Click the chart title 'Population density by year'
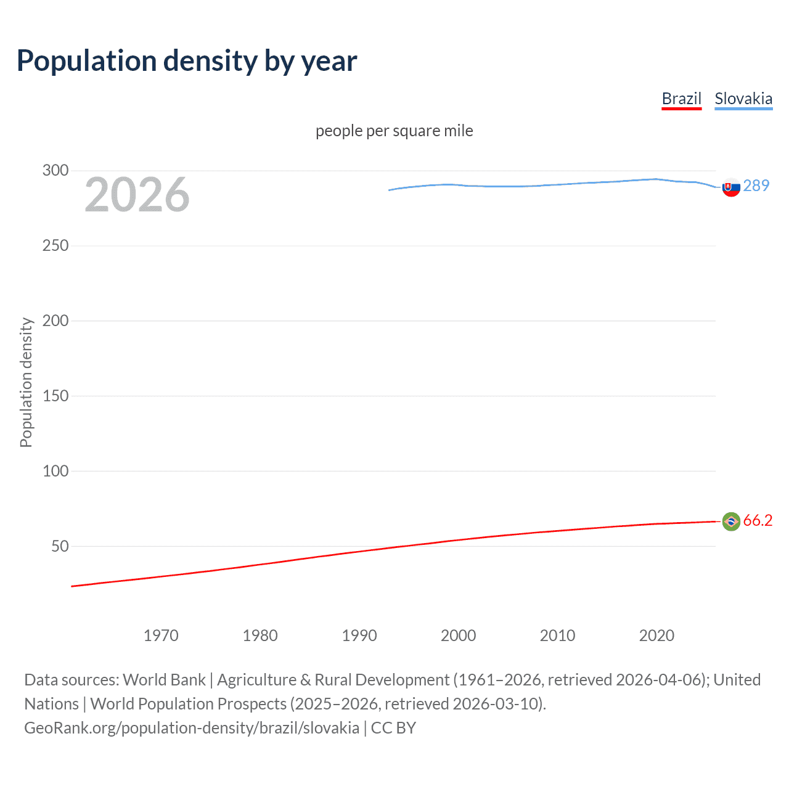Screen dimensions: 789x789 click(187, 61)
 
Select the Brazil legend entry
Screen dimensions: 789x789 click(681, 99)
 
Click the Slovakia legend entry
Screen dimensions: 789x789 click(743, 99)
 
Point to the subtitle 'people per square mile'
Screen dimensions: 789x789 click(394, 131)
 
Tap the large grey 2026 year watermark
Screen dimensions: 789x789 click(137, 195)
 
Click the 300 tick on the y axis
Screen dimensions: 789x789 click(55, 171)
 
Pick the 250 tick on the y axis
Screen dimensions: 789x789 click(55, 246)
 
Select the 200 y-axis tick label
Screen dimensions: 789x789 click(55, 321)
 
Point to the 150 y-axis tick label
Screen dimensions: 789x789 click(55, 396)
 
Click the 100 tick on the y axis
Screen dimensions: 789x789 click(55, 471)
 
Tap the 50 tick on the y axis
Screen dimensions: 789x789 click(60, 546)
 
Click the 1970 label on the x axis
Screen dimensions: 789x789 click(161, 636)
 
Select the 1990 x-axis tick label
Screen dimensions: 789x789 click(359, 636)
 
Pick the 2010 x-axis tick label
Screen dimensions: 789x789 click(557, 636)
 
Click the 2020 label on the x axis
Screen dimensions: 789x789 click(656, 636)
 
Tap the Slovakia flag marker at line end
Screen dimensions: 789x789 click(731, 187)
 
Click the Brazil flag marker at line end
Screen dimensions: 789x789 click(731, 521)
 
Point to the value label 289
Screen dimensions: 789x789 click(756, 186)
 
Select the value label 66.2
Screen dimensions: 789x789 click(758, 521)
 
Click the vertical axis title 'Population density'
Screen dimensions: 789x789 click(26, 382)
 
